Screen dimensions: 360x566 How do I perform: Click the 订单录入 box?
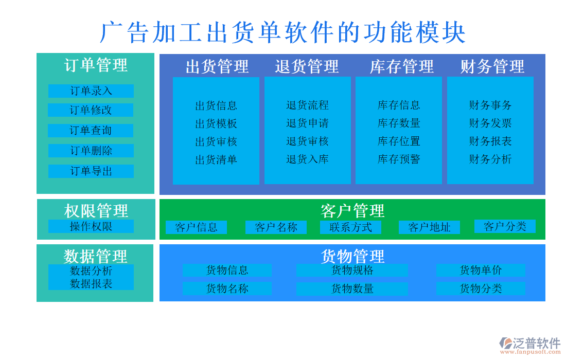coord(91,91)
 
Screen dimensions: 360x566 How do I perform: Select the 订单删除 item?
coord(91,151)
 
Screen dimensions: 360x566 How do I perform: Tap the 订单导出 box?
coord(91,171)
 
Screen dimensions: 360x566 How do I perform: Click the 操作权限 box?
coord(91,226)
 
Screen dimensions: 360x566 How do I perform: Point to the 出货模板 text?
coord(216,123)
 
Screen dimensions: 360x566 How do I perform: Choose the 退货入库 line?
coord(307,159)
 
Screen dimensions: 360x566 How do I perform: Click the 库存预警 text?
coord(399,159)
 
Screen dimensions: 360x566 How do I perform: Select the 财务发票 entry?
coord(490,123)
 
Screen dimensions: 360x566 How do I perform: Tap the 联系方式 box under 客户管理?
coord(350,227)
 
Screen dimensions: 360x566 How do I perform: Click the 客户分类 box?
coord(505,226)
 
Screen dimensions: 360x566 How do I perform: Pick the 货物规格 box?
coord(352,270)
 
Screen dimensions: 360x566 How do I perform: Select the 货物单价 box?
coord(481,270)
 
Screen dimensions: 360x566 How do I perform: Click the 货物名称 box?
coord(227,289)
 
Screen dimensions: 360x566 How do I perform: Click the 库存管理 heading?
coord(401,66)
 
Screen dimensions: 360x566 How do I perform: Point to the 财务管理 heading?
coord(492,66)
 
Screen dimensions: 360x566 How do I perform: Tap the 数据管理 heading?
coord(96,256)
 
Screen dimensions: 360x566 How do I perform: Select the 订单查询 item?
coord(91,131)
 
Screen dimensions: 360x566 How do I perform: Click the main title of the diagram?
coord(282,32)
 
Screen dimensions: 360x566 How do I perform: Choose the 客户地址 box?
coord(429,227)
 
